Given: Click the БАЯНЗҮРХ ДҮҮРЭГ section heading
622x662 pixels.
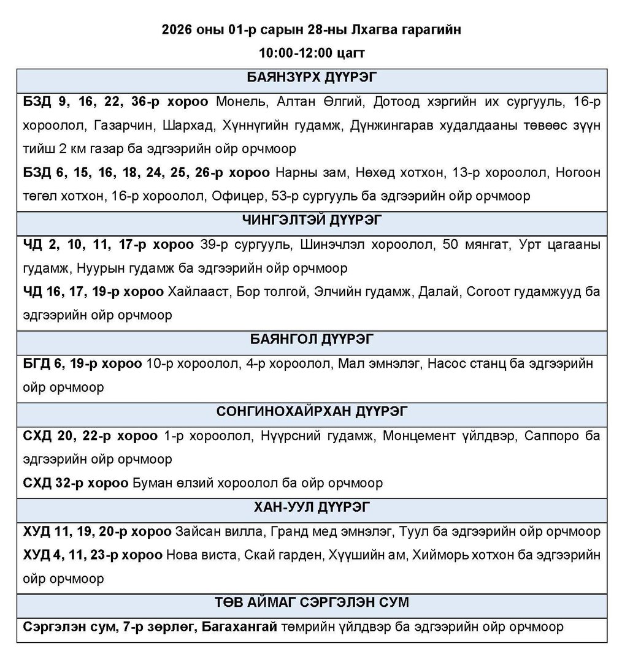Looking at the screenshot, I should (311, 78).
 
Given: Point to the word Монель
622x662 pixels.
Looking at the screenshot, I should (241, 102).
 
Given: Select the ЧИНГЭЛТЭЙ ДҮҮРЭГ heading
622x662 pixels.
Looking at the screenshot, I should (311, 220).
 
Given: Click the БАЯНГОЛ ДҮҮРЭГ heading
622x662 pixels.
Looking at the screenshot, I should (311, 339).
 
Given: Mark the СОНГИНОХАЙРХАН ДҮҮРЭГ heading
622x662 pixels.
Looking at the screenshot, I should (311, 411).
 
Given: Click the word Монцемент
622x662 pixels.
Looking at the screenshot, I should (422, 435).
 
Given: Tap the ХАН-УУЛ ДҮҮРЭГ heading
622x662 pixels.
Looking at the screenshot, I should (311, 507).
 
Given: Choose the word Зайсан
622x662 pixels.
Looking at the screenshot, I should (196, 531).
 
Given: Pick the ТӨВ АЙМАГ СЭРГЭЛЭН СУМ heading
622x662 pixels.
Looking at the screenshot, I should (311, 603).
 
